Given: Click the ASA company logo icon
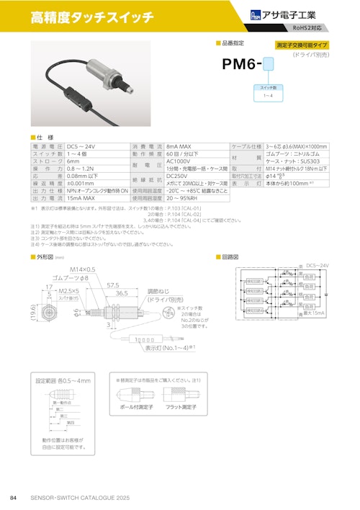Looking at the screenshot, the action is click(257, 14).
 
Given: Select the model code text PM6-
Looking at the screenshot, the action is click(243, 66).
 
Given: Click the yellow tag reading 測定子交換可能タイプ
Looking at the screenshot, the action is click(302, 45).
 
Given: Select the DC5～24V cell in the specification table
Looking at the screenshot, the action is click(83, 146).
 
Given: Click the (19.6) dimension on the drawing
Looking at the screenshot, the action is click(33, 315).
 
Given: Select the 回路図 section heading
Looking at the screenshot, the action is click(231, 256).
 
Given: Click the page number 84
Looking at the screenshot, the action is click(13, 498).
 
